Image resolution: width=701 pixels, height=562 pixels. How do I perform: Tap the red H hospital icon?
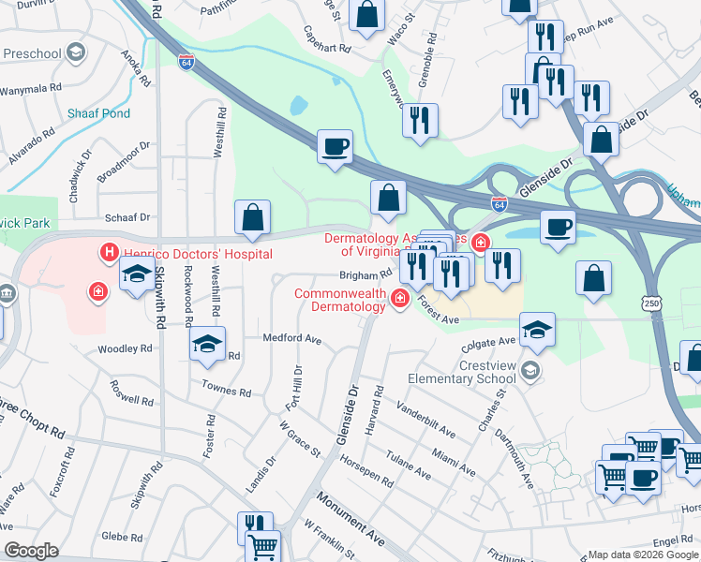pos(109,252)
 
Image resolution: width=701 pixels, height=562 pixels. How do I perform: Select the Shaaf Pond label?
pos(98,113)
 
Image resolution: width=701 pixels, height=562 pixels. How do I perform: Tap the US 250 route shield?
pos(653,301)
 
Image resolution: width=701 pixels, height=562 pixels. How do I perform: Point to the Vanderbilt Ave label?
pos(425,421)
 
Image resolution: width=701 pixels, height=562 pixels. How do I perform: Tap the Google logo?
pos(31,551)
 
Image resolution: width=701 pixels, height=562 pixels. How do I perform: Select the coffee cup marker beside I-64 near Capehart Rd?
pos(335,147)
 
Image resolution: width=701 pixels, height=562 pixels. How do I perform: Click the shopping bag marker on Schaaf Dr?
pos(252,217)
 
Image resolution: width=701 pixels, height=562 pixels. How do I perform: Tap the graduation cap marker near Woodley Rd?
pos(208,344)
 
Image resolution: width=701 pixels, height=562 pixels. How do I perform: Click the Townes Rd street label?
pos(225,389)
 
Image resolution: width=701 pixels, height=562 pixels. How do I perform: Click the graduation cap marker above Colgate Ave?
pos(537,330)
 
